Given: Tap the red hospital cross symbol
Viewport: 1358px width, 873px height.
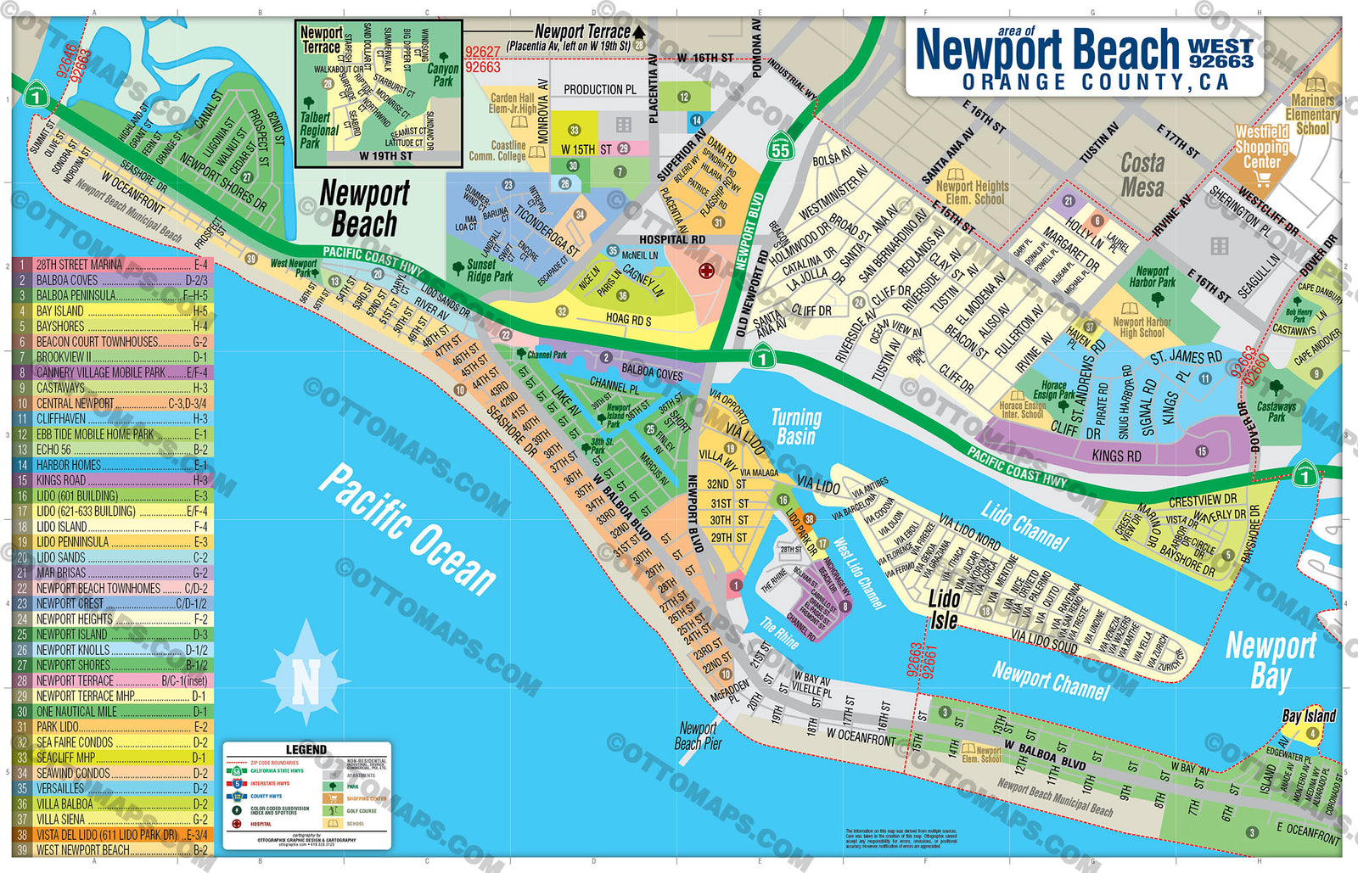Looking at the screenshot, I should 705,271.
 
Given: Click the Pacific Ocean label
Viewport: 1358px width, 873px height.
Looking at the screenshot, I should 407,529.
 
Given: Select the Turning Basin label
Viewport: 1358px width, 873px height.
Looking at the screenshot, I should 795,427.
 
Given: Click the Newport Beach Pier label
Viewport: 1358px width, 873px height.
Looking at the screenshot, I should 698,736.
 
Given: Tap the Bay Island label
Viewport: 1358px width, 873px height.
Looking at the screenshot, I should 1308,716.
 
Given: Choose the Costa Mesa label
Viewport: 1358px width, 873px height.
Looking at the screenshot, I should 1142,174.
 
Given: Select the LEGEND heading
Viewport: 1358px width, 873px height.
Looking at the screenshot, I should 306,749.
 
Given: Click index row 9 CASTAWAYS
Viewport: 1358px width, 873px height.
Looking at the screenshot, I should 110,388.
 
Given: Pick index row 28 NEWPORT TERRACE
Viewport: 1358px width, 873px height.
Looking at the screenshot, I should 110,680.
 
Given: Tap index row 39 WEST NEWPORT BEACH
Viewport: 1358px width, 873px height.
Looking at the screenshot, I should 110,850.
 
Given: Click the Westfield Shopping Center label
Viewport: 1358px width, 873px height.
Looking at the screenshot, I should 1261,147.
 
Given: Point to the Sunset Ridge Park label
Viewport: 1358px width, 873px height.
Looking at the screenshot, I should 489,271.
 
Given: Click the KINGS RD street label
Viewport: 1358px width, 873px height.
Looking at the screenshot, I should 1116,456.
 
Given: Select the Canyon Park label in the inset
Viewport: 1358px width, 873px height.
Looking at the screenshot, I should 442,75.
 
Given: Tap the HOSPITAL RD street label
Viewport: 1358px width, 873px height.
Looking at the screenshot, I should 672,239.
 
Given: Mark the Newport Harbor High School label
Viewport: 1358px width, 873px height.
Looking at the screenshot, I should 1142,327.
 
